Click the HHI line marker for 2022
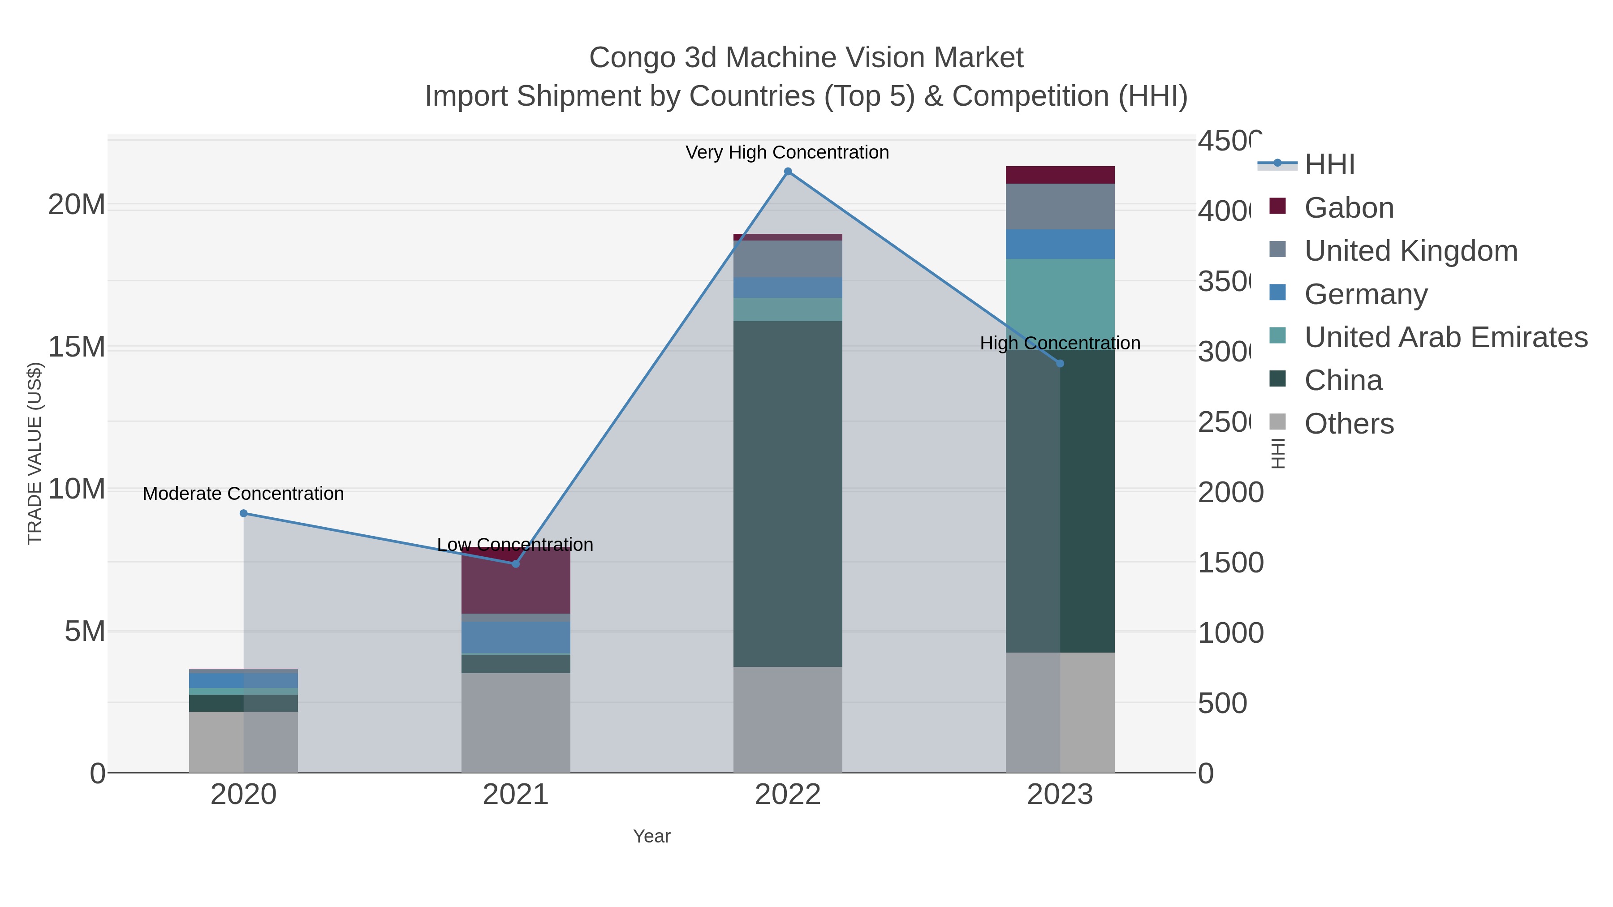788,172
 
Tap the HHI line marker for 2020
244,513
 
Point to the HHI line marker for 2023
1060,363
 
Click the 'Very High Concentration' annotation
787,152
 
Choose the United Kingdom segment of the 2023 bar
1060,206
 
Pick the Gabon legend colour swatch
1277,206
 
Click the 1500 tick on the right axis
1230,562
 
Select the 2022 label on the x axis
788,794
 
